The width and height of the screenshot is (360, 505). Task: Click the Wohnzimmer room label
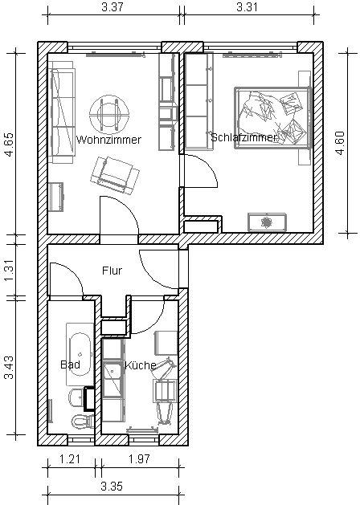tap(108, 140)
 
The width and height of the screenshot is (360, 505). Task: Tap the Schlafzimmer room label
tap(243, 137)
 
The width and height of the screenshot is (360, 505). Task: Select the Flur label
tap(112, 271)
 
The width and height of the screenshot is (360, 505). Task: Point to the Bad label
tap(70, 364)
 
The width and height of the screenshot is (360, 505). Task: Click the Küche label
tap(140, 365)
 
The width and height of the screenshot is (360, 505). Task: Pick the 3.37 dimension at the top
tap(112, 7)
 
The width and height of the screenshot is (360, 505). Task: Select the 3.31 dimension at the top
tap(247, 7)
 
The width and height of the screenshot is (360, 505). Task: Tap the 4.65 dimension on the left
tap(9, 145)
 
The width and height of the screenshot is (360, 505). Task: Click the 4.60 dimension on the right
tap(341, 143)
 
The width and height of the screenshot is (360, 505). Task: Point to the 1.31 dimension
tap(9, 270)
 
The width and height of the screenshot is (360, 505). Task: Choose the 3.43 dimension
tap(9, 368)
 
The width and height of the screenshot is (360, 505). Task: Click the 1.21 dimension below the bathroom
tap(70, 458)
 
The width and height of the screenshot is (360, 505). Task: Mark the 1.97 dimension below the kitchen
tap(139, 458)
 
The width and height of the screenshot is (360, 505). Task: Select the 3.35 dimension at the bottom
tap(112, 486)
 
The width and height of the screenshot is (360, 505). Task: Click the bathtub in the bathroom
tap(80, 355)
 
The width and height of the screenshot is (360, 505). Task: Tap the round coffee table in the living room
tap(109, 114)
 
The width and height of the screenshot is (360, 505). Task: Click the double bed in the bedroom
tap(273, 118)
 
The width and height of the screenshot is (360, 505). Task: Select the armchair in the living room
tap(115, 176)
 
